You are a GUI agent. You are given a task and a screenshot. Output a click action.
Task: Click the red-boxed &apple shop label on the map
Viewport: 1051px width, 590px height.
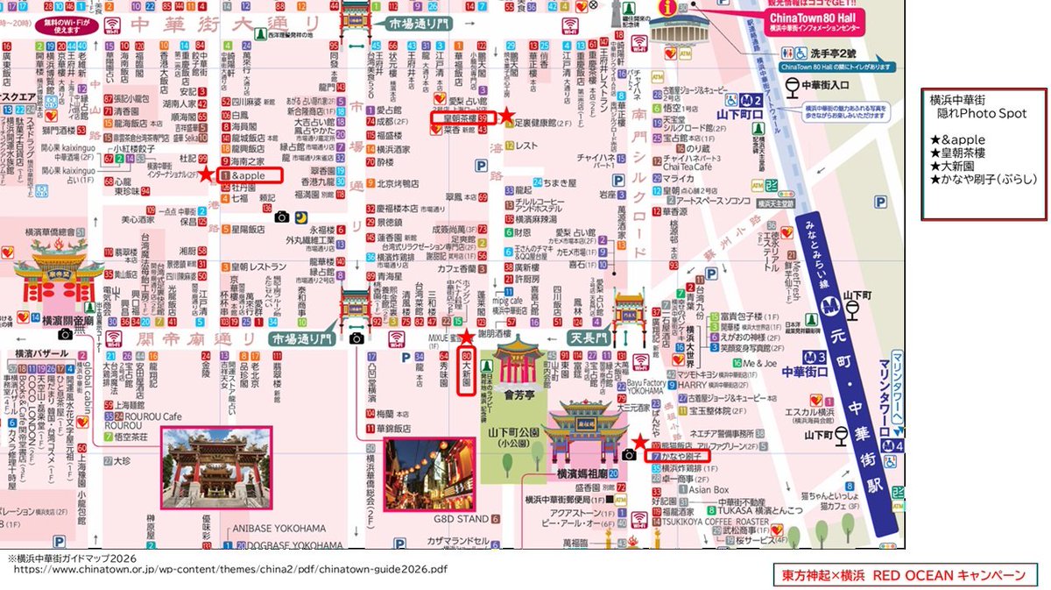250,175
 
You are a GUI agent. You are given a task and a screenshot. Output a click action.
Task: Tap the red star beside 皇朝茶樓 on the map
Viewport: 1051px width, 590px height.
506,116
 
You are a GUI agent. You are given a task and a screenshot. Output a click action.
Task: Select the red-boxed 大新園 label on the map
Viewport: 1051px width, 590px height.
467,373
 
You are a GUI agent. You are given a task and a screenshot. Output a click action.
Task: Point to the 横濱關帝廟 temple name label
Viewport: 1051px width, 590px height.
66,322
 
